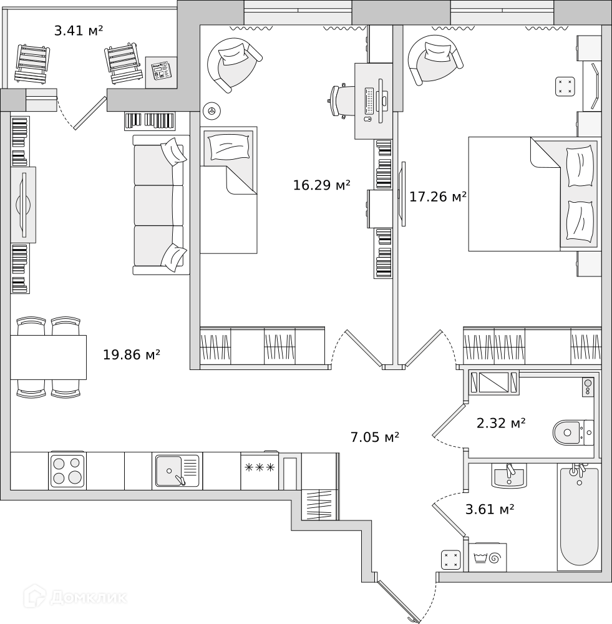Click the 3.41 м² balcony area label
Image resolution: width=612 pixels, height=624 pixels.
79,30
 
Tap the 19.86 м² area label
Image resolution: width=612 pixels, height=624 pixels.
131,354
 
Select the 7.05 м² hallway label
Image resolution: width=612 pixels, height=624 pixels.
375,437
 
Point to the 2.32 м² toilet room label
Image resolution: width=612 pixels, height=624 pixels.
501,422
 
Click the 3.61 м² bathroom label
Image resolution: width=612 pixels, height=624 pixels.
490,509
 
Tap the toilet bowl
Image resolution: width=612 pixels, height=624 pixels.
573,432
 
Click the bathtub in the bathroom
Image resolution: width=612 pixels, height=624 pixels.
579,516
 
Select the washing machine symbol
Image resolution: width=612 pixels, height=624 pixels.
488,557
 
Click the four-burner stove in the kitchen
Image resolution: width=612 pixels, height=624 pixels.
67,470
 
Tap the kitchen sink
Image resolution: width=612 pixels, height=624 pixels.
177,470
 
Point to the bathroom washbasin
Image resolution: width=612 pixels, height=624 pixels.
508,475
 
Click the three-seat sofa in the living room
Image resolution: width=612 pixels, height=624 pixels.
161,205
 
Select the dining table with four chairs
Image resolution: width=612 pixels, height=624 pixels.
49,358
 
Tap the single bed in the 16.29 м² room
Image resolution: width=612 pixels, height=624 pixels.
228,190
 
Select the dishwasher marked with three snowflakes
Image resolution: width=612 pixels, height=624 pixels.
260,470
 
